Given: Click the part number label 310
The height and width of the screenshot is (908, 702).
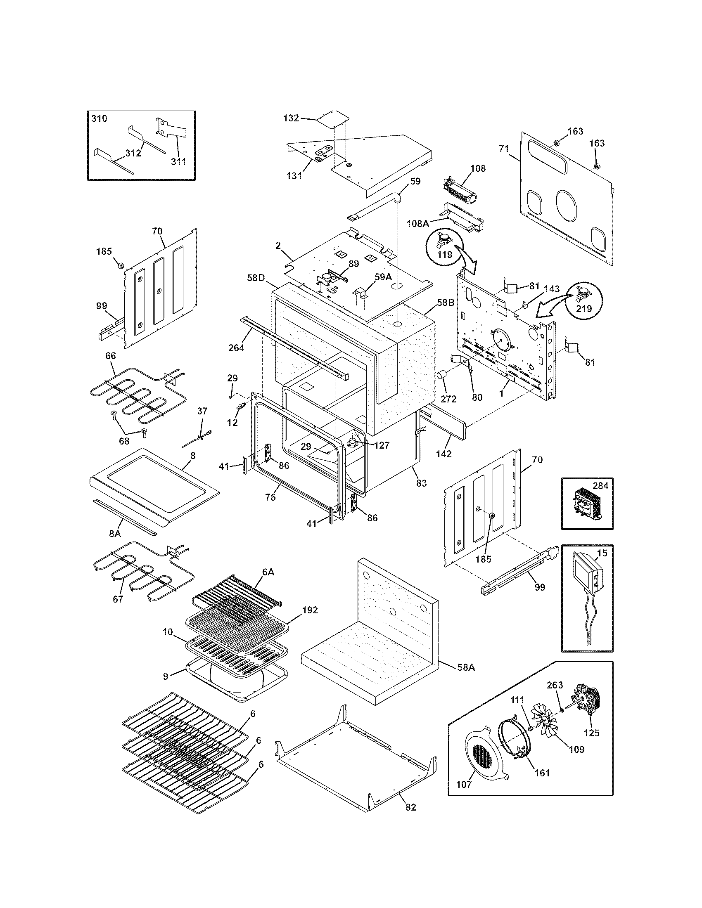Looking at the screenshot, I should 99,118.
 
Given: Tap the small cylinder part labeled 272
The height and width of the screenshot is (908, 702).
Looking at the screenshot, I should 441,376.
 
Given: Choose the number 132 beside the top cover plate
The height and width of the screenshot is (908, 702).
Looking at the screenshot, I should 291,118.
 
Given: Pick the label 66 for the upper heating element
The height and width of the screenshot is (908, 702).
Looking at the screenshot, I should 111,356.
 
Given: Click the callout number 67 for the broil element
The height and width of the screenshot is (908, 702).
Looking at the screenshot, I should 118,599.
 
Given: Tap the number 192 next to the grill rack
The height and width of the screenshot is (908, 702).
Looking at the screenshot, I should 309,610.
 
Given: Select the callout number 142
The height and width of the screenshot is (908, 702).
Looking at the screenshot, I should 444,454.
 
